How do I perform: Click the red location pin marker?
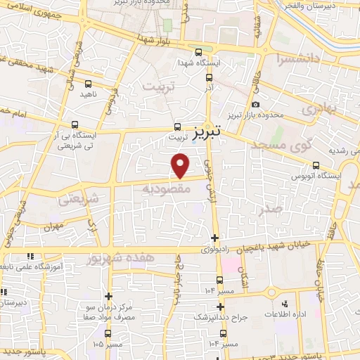coord(181,165)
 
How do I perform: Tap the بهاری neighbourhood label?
coord(316,109)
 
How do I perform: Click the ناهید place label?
coord(87,94)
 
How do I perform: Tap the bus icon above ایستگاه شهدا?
coord(199,51)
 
